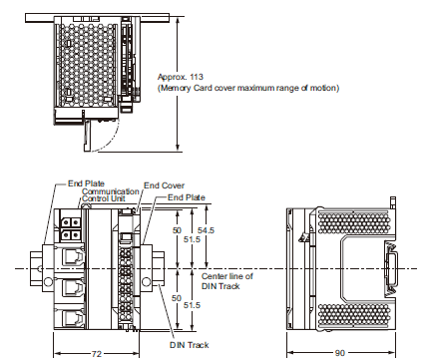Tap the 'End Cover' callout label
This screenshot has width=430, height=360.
click(x=164, y=185)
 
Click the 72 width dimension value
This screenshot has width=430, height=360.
click(x=97, y=353)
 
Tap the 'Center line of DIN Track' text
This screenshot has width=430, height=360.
click(x=226, y=280)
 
